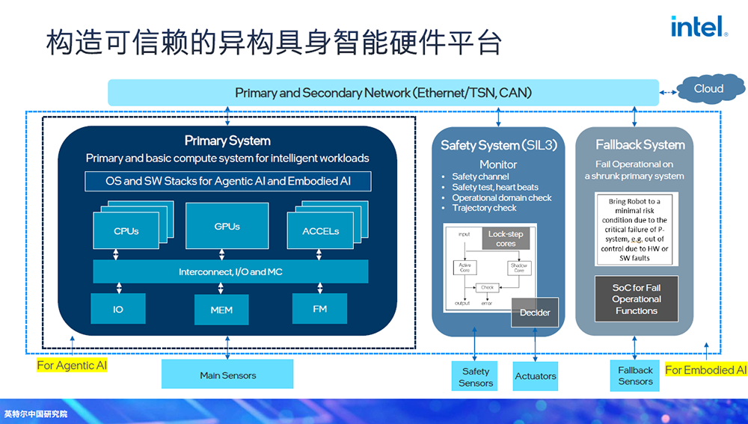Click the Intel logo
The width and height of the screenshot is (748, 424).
[699, 28]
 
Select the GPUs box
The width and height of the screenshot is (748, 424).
[227, 226]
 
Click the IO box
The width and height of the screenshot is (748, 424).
[118, 309]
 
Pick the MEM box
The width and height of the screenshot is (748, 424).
[221, 310]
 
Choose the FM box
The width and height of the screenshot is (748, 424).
[319, 308]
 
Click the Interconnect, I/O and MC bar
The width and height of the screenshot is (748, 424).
[230, 271]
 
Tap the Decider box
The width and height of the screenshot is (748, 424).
[535, 313]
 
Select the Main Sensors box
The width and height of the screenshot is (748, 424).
[227, 375]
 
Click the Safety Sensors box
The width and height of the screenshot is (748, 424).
[476, 376]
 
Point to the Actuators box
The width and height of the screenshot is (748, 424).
[536, 376]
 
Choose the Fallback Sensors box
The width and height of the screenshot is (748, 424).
[635, 375]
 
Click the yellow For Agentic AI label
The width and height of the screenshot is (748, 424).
[72, 366]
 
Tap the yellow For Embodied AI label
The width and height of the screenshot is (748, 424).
[705, 370]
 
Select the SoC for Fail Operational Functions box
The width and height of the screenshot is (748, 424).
[636, 299]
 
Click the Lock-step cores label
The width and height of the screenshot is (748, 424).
[506, 239]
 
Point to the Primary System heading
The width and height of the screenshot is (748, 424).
[227, 141]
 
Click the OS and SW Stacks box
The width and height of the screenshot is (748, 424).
[227, 181]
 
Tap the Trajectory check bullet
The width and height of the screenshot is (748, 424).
[484, 208]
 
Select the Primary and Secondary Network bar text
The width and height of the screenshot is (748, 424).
[383, 93]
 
